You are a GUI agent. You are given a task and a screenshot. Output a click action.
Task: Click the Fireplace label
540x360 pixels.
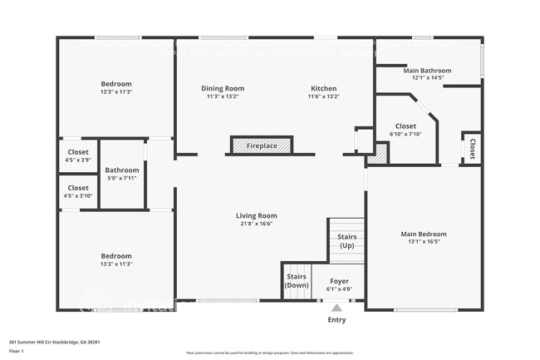(262, 146)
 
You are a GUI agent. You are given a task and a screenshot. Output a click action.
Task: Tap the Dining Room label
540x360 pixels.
(223, 88)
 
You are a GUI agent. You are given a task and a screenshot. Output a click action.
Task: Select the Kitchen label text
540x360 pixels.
(323, 88)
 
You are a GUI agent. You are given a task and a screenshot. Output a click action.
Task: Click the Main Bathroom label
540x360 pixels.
(427, 71)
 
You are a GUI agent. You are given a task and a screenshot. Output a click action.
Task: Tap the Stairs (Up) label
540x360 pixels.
(346, 241)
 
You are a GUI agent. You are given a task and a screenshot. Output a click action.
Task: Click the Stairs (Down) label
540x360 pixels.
(297, 280)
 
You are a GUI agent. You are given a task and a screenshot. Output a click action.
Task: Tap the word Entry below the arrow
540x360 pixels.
(336, 319)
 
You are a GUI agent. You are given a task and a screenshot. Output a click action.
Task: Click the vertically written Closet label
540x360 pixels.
(472, 149)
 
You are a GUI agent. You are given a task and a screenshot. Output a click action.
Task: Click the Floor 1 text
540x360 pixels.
(16, 352)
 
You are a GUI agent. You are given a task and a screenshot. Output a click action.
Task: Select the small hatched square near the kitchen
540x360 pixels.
(379, 154)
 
